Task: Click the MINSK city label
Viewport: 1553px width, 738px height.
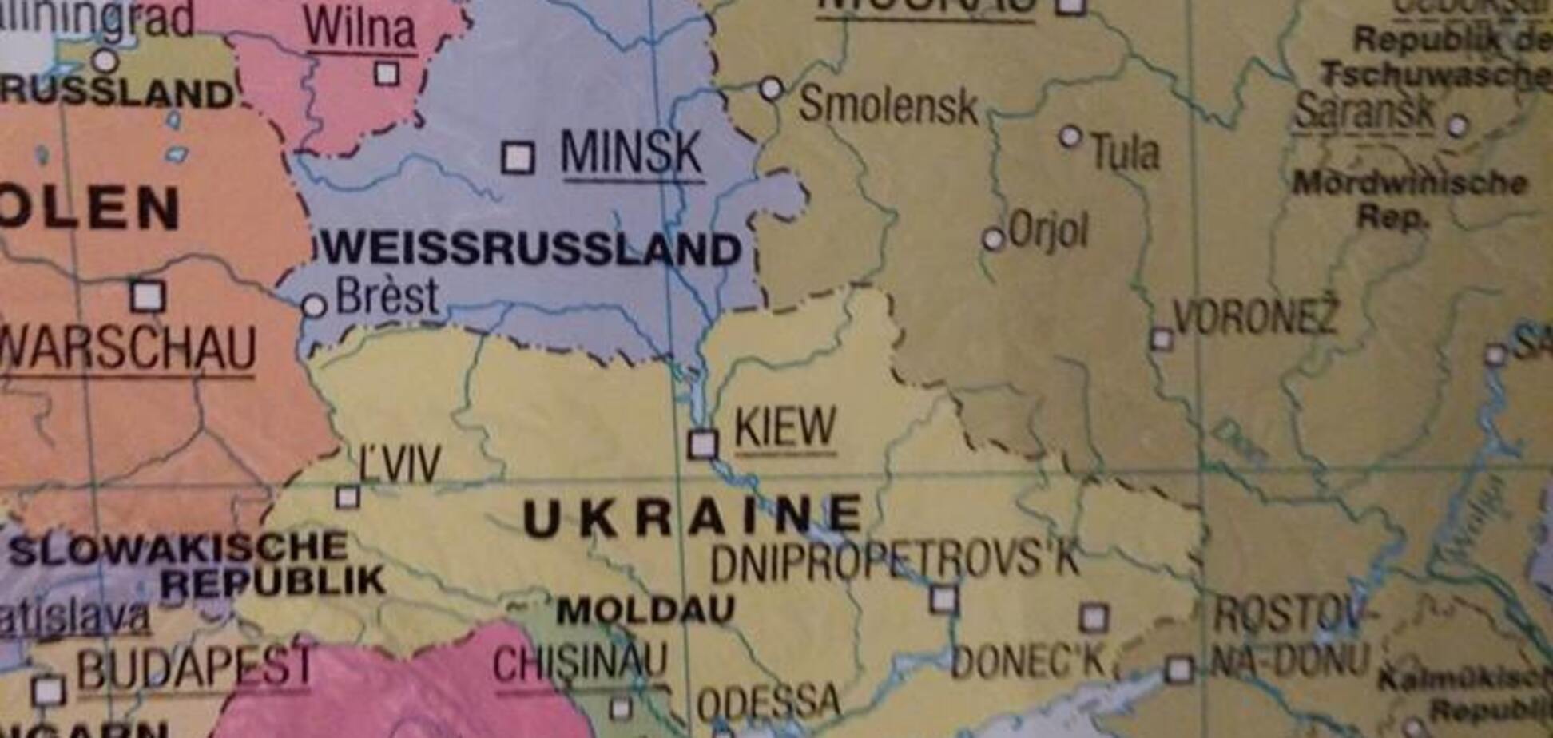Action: pos(631,153)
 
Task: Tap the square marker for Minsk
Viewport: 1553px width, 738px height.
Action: pos(518,157)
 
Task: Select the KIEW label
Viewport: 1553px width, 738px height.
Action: pos(784,427)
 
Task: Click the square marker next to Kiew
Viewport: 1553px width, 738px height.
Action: pos(703,443)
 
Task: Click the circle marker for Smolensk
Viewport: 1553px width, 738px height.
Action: pos(771,88)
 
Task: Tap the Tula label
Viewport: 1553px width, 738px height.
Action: pos(1125,152)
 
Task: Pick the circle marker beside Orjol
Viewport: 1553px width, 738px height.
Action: pos(993,238)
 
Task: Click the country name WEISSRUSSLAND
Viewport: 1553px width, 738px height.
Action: pos(531,249)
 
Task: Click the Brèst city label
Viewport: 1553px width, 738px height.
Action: pos(387,296)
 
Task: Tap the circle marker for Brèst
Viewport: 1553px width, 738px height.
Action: pos(315,305)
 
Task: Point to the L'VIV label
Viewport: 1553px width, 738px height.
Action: pos(399,464)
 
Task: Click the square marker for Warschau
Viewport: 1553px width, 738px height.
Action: pos(148,296)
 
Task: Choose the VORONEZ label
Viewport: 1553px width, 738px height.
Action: pos(1254,317)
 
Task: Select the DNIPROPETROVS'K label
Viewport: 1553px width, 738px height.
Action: pos(895,561)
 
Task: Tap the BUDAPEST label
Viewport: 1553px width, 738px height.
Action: pos(194,668)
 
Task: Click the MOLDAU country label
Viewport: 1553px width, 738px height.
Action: pos(645,611)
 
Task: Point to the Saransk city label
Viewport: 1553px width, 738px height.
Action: pos(1364,111)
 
